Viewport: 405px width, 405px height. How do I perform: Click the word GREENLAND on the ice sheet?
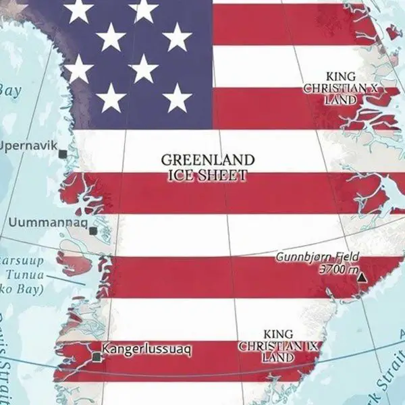[207, 161]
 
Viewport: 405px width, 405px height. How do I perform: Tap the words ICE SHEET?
[207, 175]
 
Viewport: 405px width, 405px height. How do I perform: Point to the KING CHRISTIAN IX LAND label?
[277, 346]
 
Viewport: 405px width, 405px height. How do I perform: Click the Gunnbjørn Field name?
[317, 257]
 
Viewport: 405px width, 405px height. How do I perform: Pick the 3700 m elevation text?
[340, 269]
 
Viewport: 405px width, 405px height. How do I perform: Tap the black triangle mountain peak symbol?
[363, 277]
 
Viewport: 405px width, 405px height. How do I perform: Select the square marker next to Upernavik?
[63, 154]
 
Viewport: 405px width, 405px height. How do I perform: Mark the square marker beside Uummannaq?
[93, 231]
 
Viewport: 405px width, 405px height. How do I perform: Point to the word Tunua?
[24, 275]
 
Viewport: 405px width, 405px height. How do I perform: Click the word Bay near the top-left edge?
[9, 90]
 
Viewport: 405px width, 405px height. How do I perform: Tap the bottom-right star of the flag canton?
[178, 99]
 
